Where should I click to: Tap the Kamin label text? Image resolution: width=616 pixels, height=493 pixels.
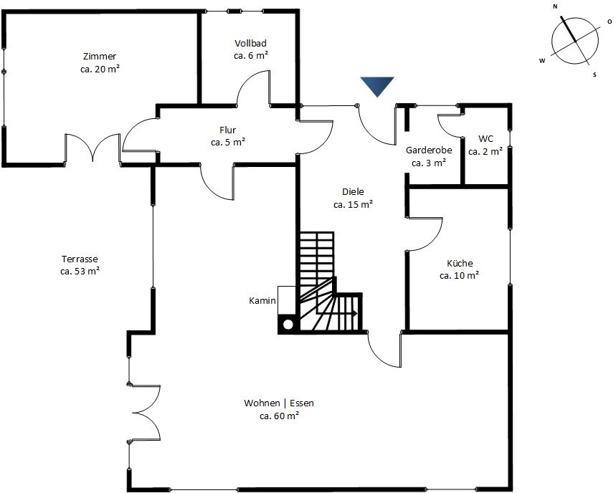pos(262,301)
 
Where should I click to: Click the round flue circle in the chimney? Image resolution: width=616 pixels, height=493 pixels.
pos(288,325)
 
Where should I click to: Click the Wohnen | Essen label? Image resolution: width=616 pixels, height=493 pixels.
pos(279,403)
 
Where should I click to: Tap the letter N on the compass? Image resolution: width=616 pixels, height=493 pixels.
pos(555,6)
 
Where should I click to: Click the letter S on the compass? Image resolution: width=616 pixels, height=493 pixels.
pos(594,75)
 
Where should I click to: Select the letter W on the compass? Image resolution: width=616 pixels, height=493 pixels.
pos(542,61)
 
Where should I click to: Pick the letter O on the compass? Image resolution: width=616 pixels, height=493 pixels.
pos(610,21)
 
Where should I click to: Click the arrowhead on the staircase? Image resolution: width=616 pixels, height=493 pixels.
pos(354,314)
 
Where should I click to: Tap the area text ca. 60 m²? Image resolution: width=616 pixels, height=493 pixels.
pos(280,416)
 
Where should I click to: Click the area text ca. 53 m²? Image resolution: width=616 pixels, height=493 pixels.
pos(80,271)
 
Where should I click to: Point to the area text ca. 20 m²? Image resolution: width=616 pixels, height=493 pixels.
pos(100,69)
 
